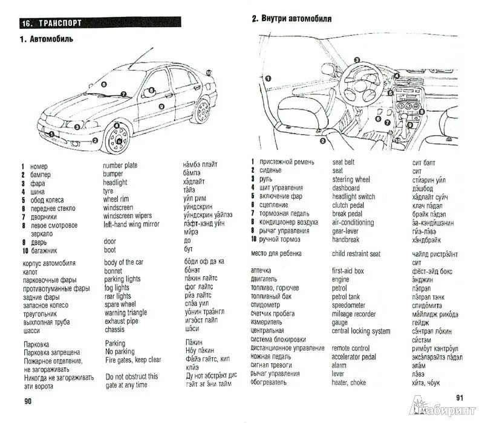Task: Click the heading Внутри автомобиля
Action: tap(297, 19)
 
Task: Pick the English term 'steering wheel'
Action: tap(351, 179)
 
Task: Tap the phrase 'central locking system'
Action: tap(361, 331)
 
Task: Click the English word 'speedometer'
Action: tap(349, 305)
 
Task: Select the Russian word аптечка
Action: tap(261, 270)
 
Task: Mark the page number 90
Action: tap(27, 401)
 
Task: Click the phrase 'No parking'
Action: tap(119, 351)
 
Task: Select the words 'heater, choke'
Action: tap(350, 383)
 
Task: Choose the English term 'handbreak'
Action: tap(345, 239)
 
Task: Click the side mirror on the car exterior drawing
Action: tap(149, 92)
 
